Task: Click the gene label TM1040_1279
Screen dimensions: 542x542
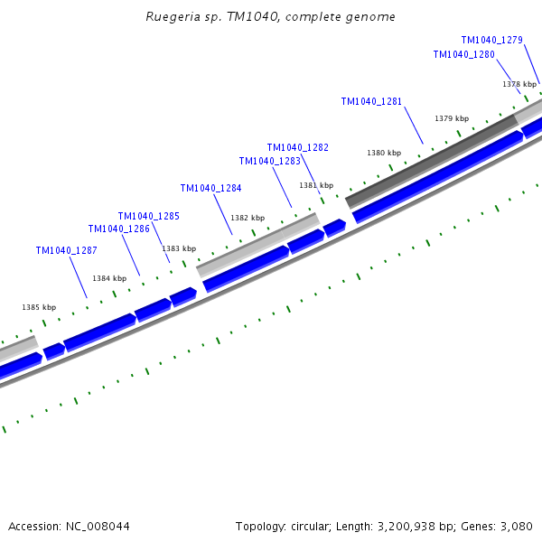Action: click(491, 40)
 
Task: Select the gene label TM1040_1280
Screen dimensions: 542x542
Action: click(463, 55)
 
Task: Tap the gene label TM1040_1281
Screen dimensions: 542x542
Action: click(371, 102)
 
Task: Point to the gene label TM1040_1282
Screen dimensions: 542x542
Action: click(297, 147)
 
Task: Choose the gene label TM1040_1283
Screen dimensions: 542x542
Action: click(269, 162)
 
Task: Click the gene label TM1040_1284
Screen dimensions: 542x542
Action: click(210, 189)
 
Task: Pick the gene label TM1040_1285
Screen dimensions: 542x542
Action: click(148, 217)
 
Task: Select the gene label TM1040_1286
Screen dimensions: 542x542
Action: click(118, 229)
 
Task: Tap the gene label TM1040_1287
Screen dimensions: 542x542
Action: click(66, 251)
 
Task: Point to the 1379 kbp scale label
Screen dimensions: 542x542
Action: click(452, 119)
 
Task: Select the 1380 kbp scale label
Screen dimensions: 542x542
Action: click(384, 154)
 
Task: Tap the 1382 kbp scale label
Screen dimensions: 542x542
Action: click(248, 219)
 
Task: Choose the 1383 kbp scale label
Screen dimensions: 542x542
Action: click(179, 248)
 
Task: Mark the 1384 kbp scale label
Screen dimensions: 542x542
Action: click(109, 279)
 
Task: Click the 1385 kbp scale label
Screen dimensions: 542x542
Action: click(39, 308)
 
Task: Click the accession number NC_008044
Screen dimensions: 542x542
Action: click(96, 527)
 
